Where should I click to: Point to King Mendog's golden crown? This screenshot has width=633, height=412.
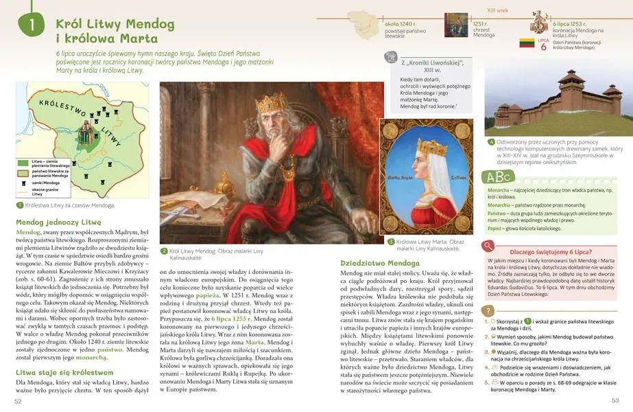tap(273, 104)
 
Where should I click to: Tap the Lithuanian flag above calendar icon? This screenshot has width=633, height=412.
tap(526, 42)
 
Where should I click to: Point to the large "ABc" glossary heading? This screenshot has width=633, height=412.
tap(501, 175)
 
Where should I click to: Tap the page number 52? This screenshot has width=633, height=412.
tap(18, 401)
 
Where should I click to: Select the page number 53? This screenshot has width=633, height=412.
tap(614, 401)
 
